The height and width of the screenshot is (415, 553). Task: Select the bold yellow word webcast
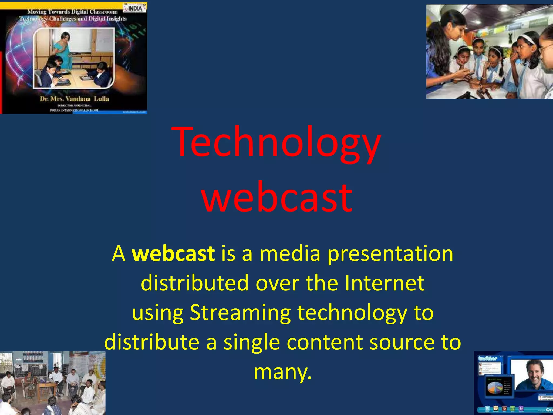pyautogui.click(x=173, y=254)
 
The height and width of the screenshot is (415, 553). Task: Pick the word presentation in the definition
pyautogui.click(x=390, y=254)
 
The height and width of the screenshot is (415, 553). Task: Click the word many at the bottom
pyautogui.click(x=282, y=372)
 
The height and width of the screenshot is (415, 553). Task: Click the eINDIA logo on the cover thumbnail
pyautogui.click(x=135, y=8)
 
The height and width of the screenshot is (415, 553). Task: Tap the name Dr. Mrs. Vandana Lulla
pyautogui.click(x=74, y=99)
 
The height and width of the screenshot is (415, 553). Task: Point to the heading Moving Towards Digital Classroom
pyautogui.click(x=73, y=12)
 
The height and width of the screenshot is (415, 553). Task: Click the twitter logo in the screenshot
pyautogui.click(x=488, y=359)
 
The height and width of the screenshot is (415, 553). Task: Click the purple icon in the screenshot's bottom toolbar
pyautogui.click(x=521, y=409)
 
